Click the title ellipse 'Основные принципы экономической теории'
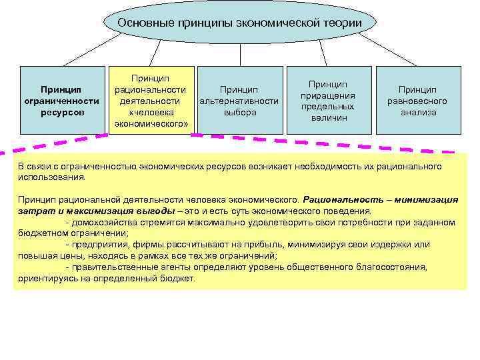pos(240,23)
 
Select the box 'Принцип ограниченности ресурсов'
pos(61,100)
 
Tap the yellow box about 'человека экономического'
pos(151,100)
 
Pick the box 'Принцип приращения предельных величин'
pos(329,100)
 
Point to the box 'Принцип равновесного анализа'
pos(418,100)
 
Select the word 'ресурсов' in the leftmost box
pos(61,112)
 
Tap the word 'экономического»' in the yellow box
pos(151,124)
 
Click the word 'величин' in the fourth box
pos(329,118)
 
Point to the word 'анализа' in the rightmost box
pos(418,112)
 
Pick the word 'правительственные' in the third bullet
pos(110,267)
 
